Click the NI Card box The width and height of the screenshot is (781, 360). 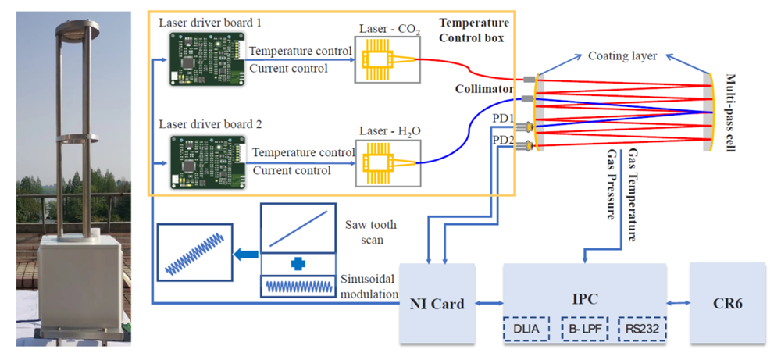(437, 304)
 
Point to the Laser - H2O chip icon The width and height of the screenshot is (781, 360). (382, 163)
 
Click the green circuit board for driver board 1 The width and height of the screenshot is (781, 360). (204, 61)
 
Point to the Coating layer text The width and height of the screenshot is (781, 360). (622, 56)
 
